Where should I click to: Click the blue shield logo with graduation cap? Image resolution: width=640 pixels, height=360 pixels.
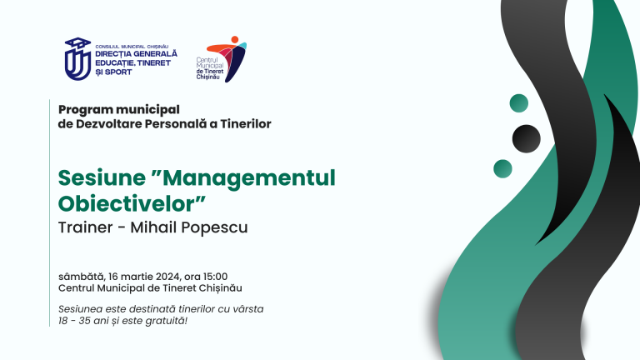coord(77,59)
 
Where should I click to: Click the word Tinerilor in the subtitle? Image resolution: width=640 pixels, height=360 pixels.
coord(240,124)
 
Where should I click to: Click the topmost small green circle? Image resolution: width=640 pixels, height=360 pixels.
coord(518,102)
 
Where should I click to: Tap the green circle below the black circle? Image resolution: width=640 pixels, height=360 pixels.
coord(503,167)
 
